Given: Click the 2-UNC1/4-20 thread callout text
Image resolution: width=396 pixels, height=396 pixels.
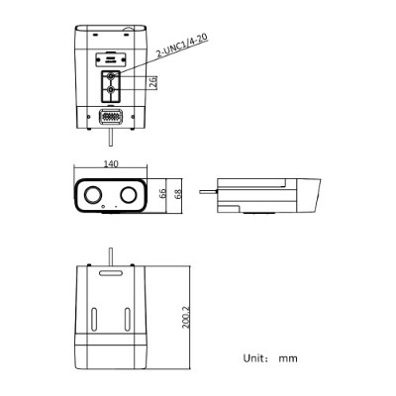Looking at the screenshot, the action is (182, 46).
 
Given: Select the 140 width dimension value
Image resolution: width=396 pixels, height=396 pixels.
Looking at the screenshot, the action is (111, 164).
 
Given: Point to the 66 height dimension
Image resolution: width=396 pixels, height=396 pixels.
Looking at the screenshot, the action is (162, 193).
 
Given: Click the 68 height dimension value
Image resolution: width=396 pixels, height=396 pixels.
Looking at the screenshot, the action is (178, 193).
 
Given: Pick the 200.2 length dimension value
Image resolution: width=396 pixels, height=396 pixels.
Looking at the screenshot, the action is (186, 318).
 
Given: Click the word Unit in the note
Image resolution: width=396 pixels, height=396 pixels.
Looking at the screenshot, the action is (253, 358).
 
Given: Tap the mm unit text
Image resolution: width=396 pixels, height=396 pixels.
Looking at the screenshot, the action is (288, 358).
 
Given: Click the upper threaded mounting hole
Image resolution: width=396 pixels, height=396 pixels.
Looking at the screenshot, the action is (111, 76).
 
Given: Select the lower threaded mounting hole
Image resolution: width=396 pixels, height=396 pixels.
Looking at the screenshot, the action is (111, 89).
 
